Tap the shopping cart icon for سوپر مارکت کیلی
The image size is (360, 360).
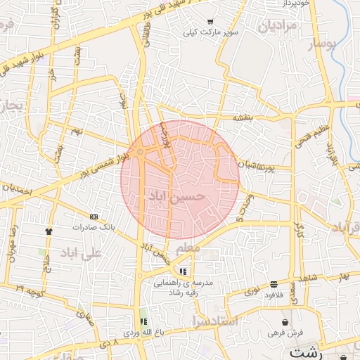click(210, 22)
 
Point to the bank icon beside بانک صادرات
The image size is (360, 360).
click(94, 217)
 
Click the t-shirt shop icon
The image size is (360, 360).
click(49, 231)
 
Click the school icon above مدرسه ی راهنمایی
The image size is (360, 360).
click(183, 271)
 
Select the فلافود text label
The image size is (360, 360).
click(274, 295)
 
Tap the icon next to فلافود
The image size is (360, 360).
click(274, 284)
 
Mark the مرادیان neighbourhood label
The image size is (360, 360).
click(279, 27)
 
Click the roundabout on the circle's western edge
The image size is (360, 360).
click(141, 152)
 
